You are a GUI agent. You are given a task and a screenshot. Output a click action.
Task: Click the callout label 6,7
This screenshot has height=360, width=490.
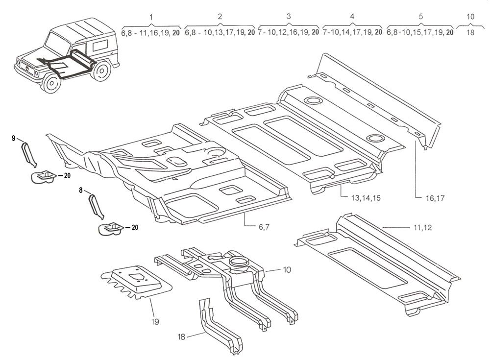click(264, 227)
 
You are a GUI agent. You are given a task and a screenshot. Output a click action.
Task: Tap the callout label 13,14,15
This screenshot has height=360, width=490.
click(366, 198)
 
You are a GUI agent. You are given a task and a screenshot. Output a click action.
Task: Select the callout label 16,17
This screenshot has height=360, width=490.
click(435, 198)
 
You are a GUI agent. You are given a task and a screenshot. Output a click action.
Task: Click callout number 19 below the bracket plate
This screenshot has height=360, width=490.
click(155, 322)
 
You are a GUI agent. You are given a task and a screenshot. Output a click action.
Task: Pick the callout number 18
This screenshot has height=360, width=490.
click(181, 336)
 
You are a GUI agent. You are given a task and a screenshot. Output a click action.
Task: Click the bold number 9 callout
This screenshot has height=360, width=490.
click(13, 138)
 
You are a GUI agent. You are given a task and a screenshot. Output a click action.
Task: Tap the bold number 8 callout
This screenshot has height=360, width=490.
click(81, 190)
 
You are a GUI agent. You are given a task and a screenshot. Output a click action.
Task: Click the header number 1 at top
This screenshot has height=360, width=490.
click(151, 17)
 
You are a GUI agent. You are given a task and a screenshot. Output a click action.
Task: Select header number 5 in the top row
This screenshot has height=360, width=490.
click(420, 17)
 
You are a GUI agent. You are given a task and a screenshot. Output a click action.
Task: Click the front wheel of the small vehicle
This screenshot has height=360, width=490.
click(51, 83)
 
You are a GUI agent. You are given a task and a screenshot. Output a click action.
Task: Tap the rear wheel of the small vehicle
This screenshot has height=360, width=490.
click(101, 71)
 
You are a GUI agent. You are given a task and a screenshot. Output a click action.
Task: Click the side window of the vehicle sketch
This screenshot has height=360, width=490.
click(100, 46)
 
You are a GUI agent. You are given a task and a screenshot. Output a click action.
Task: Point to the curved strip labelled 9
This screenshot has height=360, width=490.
click(29, 154)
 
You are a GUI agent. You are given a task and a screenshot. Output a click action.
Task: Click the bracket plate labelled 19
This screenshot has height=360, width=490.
click(137, 283)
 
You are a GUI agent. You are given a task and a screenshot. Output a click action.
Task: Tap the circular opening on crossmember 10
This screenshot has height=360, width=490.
click(239, 261)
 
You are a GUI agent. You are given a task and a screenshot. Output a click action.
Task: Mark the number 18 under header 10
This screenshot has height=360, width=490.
click(470, 32)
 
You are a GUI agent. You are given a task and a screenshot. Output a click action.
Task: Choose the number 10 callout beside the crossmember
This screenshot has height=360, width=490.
click(287, 269)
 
